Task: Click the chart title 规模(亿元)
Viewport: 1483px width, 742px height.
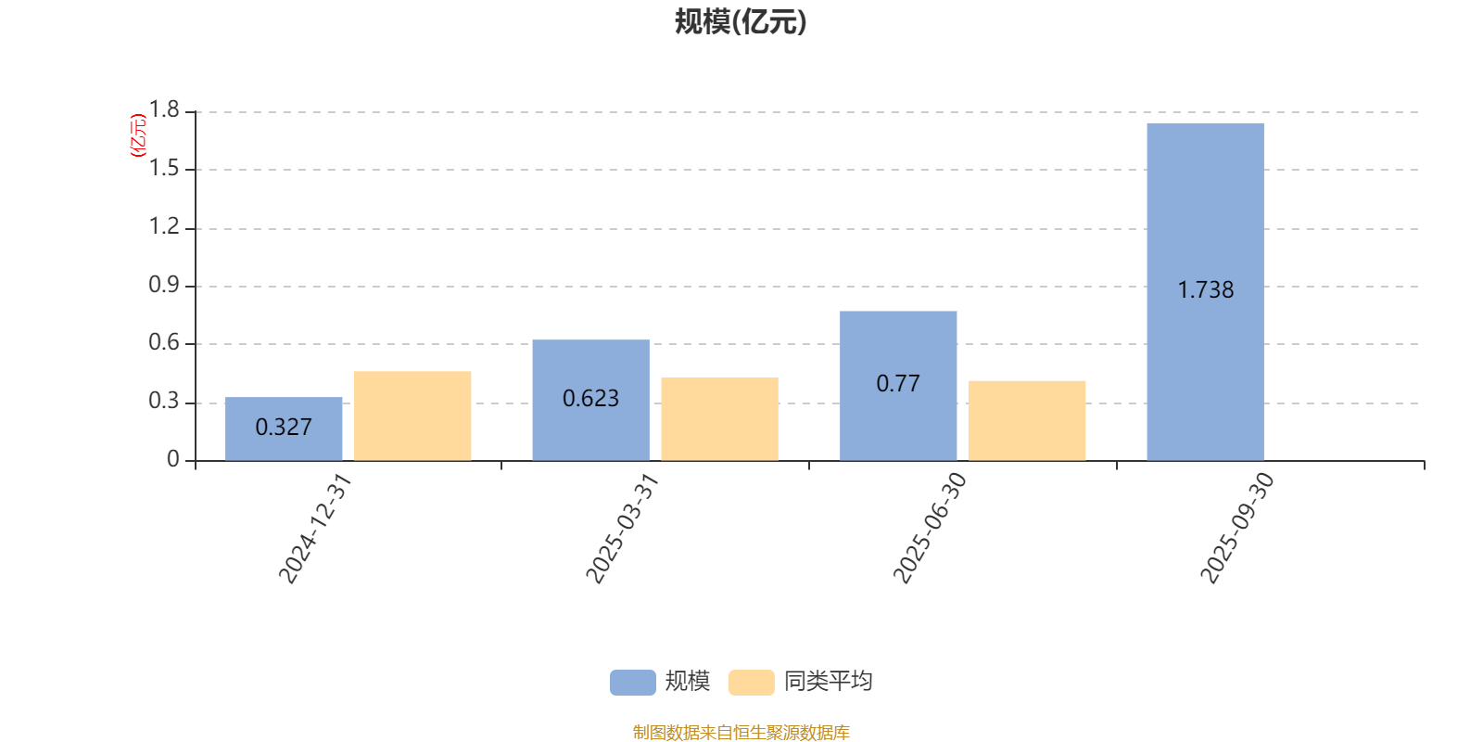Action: click(741, 22)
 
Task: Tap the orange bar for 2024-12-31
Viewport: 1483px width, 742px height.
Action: click(412, 416)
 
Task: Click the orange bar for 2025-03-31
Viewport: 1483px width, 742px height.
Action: click(719, 418)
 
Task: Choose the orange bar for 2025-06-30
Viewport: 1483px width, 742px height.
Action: click(1027, 420)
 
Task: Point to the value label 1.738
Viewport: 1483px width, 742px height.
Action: click(1205, 290)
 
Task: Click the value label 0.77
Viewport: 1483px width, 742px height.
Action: click(898, 384)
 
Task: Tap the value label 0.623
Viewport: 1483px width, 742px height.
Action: click(590, 399)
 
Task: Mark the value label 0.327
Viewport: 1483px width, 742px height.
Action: click(284, 428)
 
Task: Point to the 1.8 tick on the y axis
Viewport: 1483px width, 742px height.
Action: click(164, 111)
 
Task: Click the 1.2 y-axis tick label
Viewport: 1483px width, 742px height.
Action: click(164, 227)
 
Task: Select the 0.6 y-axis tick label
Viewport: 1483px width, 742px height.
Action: click(164, 343)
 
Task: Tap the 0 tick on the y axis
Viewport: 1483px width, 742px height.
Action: click(172, 460)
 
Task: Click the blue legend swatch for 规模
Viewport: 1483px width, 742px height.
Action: click(632, 683)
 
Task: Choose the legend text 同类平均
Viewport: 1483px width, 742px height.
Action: click(828, 682)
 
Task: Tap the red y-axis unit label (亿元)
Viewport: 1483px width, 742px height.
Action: click(138, 135)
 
